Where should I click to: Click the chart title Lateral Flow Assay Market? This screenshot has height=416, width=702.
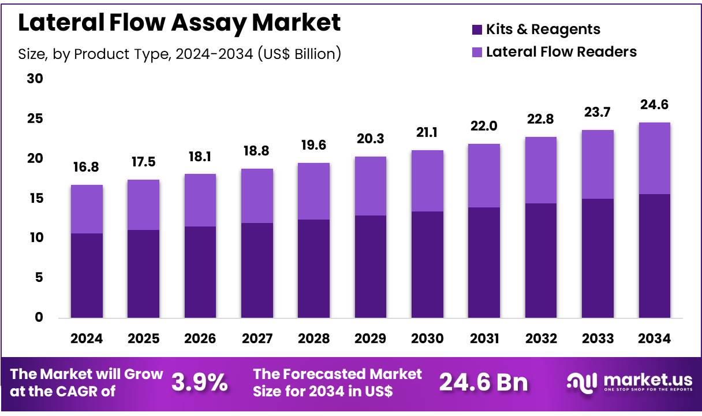tap(180, 23)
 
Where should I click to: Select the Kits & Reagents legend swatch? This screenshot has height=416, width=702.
tap(477, 29)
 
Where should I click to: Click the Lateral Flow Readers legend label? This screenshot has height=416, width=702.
tap(561, 52)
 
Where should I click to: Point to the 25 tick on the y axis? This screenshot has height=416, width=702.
tap(35, 119)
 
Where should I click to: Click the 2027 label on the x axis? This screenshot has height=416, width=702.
tap(257, 339)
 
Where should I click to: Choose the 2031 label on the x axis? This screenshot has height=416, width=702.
tap(484, 339)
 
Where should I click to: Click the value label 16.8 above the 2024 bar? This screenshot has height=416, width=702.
tap(87, 168)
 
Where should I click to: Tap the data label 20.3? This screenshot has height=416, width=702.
tap(371, 139)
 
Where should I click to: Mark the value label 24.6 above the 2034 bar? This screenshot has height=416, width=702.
tap(655, 105)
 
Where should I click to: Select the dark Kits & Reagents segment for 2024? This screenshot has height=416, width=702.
tap(87, 276)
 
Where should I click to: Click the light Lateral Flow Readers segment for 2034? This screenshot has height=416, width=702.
tap(655, 158)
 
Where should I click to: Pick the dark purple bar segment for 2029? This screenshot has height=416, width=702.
tap(371, 266)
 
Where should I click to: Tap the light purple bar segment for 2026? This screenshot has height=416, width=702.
tap(200, 200)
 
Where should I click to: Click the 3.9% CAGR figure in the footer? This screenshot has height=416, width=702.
tap(199, 382)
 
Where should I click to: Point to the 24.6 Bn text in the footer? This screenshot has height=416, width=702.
tap(483, 382)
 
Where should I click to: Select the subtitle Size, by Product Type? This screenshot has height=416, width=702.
tap(180, 54)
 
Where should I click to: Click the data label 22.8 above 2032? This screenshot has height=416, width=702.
tap(541, 120)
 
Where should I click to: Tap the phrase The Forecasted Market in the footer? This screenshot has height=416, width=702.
tap(338, 374)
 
